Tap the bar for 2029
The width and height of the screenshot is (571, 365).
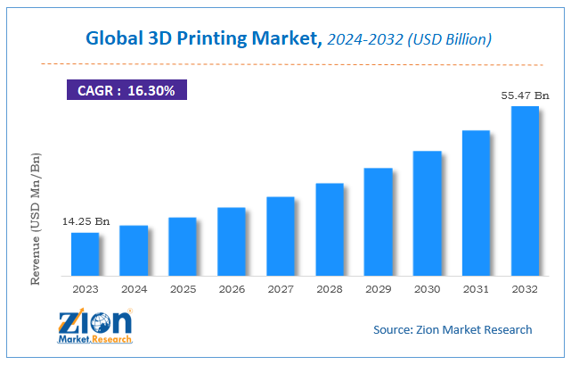click(379, 220)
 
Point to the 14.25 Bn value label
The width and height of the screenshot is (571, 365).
click(86, 220)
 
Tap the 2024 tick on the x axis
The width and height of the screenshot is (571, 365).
click(134, 289)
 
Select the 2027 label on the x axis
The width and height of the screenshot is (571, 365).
click(281, 289)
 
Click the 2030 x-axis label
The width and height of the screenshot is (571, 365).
click(427, 289)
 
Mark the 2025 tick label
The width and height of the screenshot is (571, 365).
click(183, 289)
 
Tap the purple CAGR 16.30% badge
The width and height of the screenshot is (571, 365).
click(126, 90)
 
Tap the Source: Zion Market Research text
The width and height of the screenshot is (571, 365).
click(453, 329)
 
